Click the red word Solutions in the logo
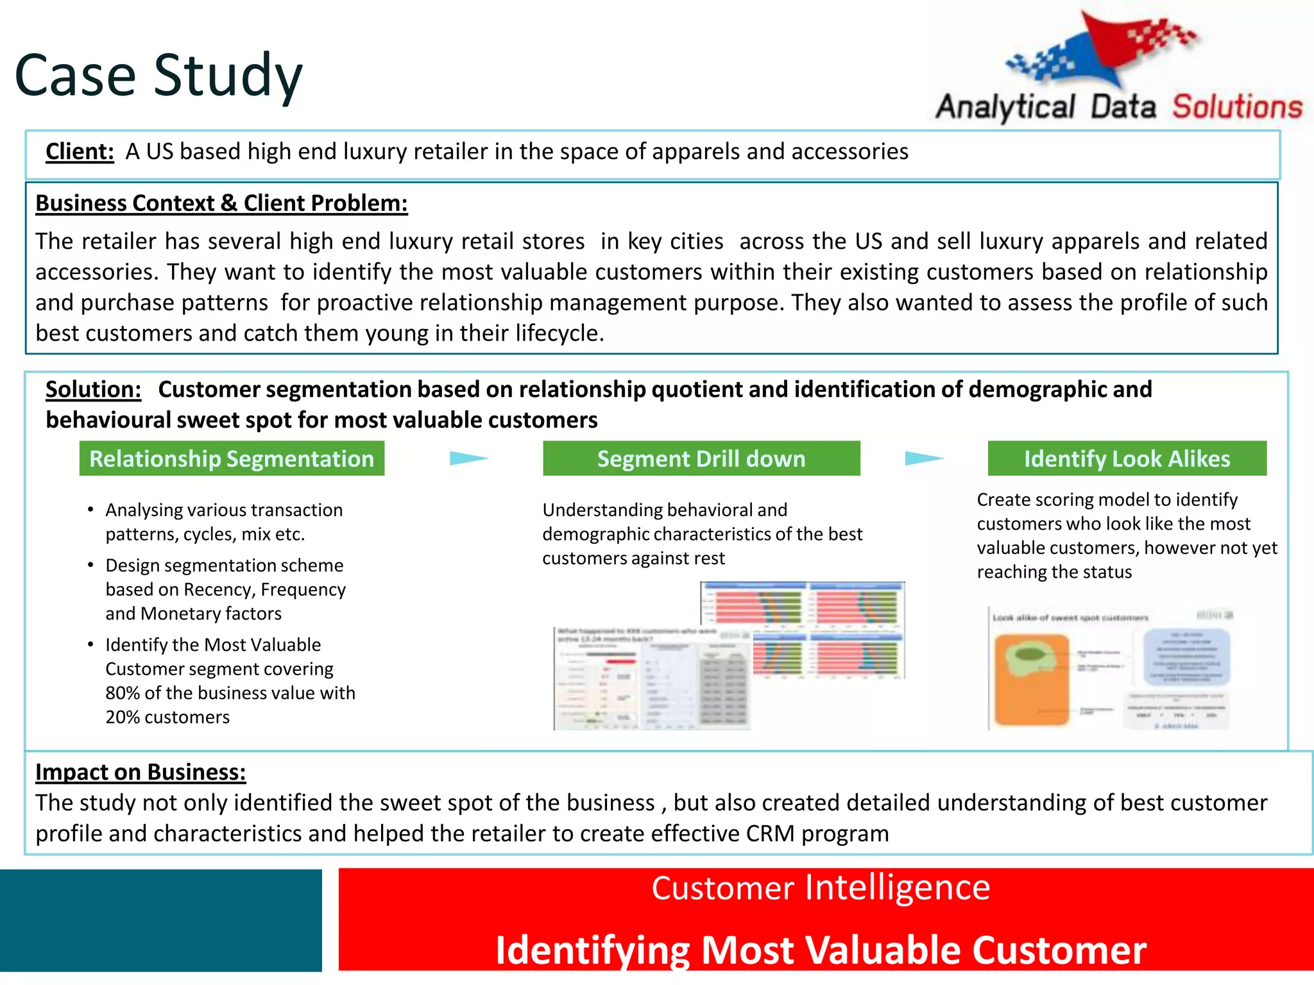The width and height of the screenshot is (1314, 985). pyautogui.click(x=1237, y=107)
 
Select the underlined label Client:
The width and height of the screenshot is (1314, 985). pyautogui.click(x=80, y=152)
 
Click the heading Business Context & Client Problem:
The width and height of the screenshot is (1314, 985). pyautogui.click(x=221, y=203)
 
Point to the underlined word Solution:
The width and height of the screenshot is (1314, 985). pyautogui.click(x=94, y=390)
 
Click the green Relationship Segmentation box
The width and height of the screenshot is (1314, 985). pyautogui.click(x=232, y=459)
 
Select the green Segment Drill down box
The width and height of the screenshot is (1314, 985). pyautogui.click(x=701, y=459)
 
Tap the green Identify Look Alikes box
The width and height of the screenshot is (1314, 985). pyautogui.click(x=1127, y=459)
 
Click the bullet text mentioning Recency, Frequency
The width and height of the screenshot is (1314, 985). pyautogui.click(x=225, y=589)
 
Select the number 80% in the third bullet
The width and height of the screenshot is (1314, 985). pyautogui.click(x=123, y=693)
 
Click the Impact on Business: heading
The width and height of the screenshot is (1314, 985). pyautogui.click(x=141, y=772)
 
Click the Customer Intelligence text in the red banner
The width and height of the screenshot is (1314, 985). pyautogui.click(x=821, y=888)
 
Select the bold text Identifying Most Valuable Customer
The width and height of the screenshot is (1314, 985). pyautogui.click(x=821, y=950)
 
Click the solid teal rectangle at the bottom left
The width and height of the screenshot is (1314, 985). pyautogui.click(x=160, y=920)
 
